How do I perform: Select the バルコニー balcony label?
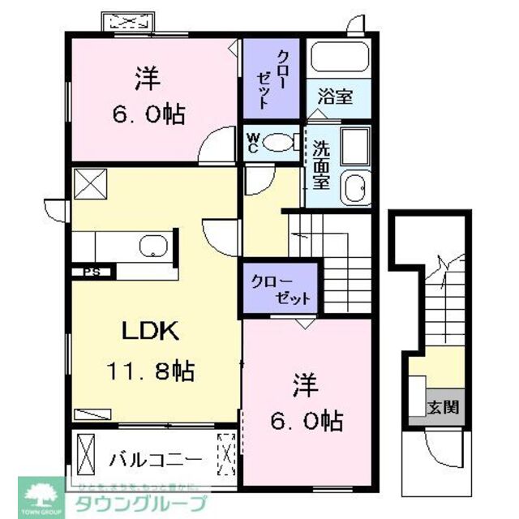154,460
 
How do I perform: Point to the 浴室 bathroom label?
335,97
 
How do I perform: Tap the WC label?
253,143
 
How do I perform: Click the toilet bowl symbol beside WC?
279,143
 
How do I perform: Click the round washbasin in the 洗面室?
354,188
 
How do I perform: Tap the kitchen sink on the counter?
152,246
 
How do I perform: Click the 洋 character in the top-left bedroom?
147,79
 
